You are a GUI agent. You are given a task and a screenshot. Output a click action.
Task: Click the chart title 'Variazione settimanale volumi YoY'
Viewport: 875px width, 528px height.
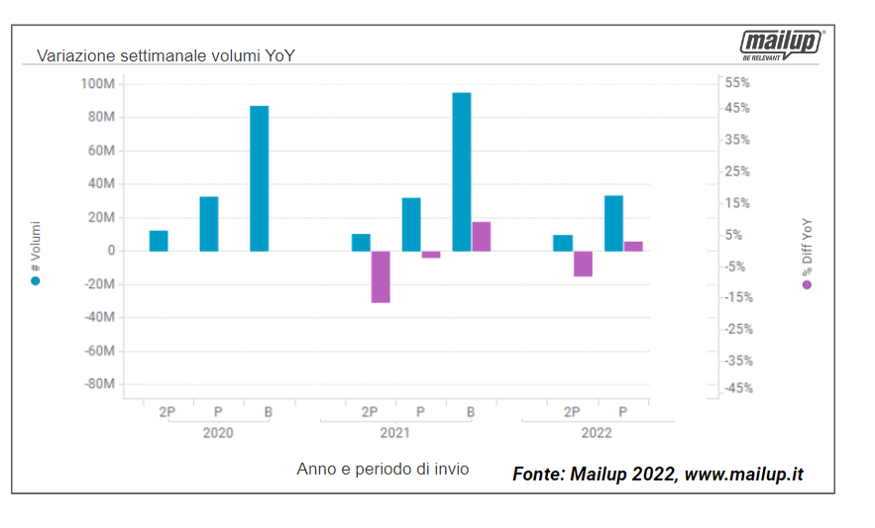(x=165, y=55)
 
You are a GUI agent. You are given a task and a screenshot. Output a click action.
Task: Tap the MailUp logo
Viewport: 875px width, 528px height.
(x=782, y=44)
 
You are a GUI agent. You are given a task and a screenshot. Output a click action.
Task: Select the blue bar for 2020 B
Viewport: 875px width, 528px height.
(x=259, y=178)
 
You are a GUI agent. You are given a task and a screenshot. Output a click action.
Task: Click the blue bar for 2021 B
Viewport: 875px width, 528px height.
(x=461, y=171)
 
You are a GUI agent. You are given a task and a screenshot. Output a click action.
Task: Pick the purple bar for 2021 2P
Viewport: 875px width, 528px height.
(x=381, y=276)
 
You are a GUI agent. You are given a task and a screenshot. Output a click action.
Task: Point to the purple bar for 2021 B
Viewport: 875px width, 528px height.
(x=482, y=236)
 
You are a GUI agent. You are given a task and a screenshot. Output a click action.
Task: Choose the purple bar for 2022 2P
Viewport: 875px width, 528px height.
(x=583, y=264)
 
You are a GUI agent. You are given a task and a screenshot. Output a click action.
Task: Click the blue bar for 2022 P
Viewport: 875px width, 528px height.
(x=613, y=223)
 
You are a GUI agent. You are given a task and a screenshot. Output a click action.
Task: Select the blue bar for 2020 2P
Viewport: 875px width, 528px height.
(x=159, y=241)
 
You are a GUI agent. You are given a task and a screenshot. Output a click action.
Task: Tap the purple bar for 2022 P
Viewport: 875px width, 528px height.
(x=633, y=246)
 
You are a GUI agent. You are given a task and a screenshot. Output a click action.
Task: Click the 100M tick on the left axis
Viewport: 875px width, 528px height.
(x=97, y=83)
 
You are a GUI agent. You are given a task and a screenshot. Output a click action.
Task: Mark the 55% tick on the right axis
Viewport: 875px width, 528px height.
(x=737, y=82)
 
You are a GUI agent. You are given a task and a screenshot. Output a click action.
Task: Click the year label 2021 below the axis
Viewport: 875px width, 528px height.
(x=395, y=433)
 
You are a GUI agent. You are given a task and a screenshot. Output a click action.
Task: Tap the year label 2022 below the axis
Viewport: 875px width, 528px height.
(x=597, y=433)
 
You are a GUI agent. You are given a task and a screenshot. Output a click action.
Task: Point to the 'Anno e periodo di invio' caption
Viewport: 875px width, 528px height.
(x=383, y=469)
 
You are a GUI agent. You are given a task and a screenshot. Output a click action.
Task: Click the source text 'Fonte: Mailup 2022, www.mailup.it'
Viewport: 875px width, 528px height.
(x=658, y=475)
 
